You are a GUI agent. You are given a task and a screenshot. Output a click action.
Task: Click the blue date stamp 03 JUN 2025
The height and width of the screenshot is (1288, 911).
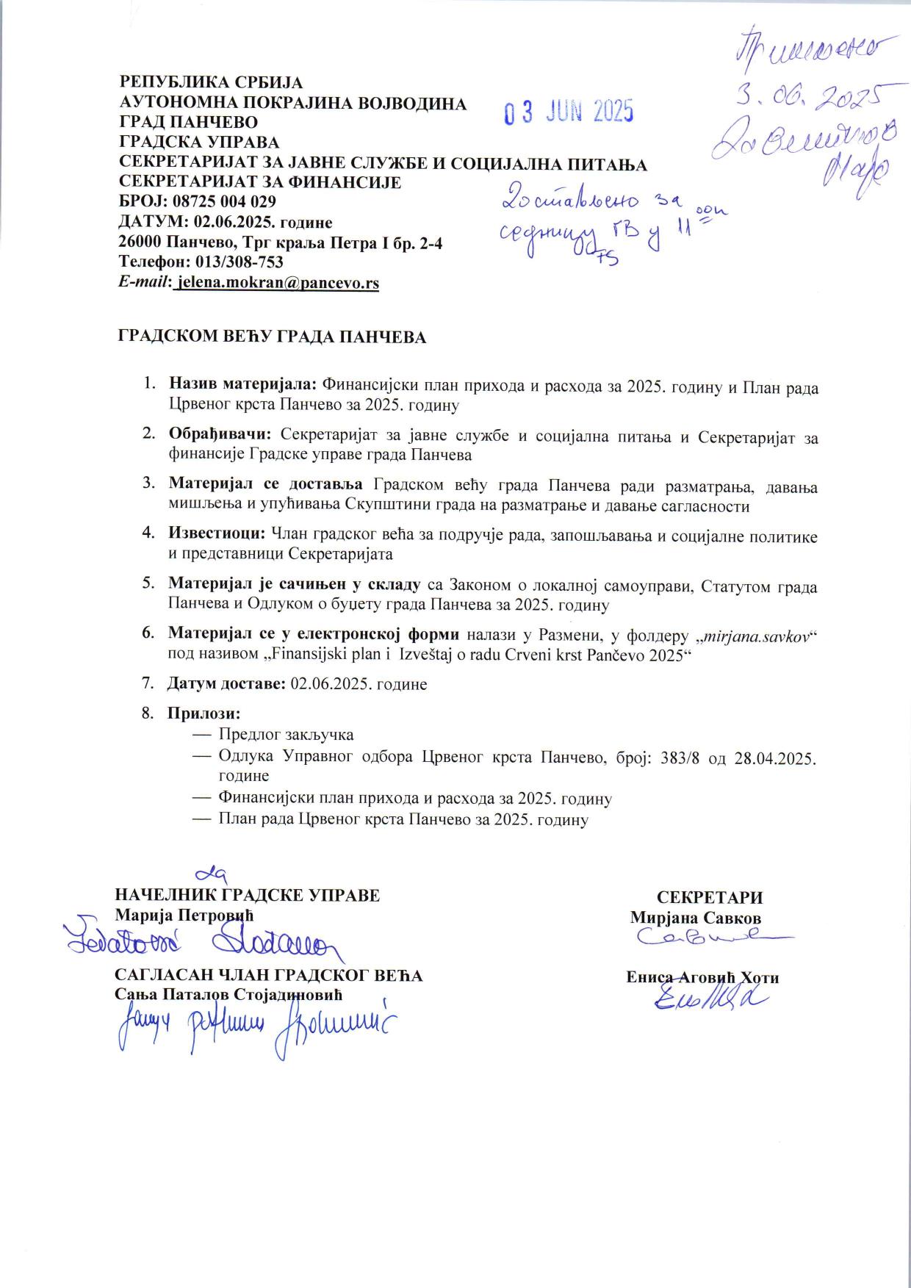point(568,112)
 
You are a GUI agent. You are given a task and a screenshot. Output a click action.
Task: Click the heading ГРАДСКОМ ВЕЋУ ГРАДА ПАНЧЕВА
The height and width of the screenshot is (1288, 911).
point(272,337)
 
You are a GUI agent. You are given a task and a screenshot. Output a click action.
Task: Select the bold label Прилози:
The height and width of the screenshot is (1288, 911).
point(204,713)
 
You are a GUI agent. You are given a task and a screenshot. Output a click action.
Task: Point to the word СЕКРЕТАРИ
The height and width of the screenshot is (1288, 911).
point(709,897)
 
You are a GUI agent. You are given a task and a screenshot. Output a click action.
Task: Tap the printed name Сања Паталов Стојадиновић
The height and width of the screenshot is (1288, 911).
point(229,994)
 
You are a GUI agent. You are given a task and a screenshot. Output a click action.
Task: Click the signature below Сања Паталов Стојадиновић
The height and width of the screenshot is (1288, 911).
point(253,1027)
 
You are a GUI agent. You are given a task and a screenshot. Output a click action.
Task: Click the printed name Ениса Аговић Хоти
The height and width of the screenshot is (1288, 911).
point(702,977)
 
